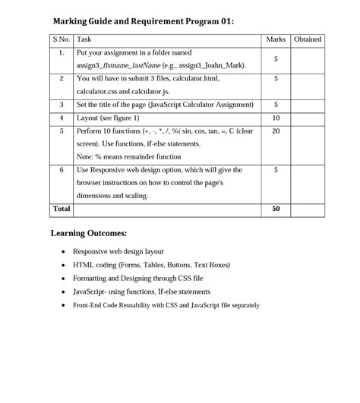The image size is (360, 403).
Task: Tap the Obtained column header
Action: (307, 39)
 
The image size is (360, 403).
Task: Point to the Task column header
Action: (85, 39)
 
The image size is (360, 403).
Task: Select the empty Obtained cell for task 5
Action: (307, 144)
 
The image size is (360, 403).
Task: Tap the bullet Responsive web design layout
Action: (118, 251)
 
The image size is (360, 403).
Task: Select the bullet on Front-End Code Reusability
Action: (166, 305)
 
